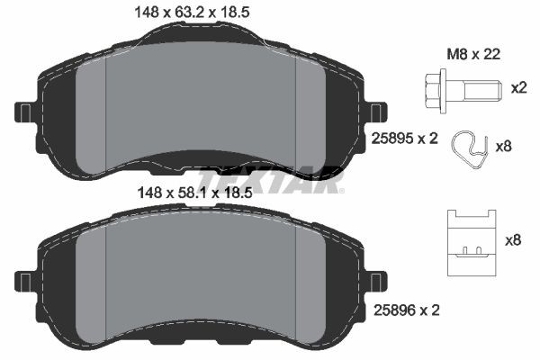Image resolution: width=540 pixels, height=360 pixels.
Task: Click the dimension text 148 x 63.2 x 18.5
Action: tap(190, 11)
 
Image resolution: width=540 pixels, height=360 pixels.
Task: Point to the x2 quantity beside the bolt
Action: tap(517, 88)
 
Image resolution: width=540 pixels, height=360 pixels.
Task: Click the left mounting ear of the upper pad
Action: tap(23, 112)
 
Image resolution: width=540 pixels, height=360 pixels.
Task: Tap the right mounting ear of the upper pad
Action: tap(377, 112)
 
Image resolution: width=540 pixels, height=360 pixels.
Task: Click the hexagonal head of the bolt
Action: tap(431, 90)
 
